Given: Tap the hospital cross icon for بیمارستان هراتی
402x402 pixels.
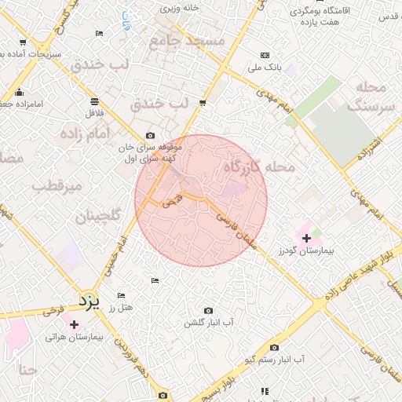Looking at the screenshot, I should point(74,324).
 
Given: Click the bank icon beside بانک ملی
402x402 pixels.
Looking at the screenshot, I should point(265,55).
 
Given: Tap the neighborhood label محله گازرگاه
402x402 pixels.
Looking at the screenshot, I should point(259,167).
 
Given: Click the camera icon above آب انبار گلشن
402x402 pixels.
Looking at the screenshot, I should point(208,311).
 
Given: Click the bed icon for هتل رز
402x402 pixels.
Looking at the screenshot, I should point(121,295).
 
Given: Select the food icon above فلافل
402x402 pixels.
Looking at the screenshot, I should point(94,101).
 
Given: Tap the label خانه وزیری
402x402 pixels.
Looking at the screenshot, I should point(181,8).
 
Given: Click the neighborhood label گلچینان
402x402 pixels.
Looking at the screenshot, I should point(98,217).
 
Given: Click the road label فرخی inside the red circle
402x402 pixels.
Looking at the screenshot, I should point(172,201).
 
